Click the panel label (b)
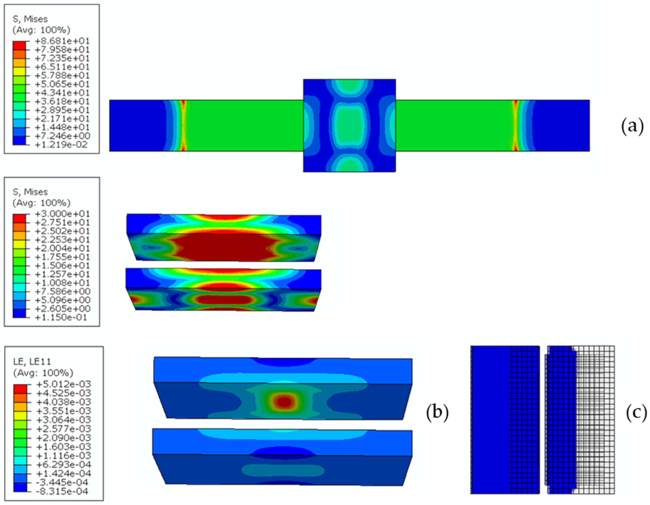click(437, 413)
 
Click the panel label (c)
click(636, 413)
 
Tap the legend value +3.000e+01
click(62, 214)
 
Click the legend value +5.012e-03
click(63, 384)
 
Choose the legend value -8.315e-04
click(62, 491)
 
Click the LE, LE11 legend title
click(32, 362)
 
